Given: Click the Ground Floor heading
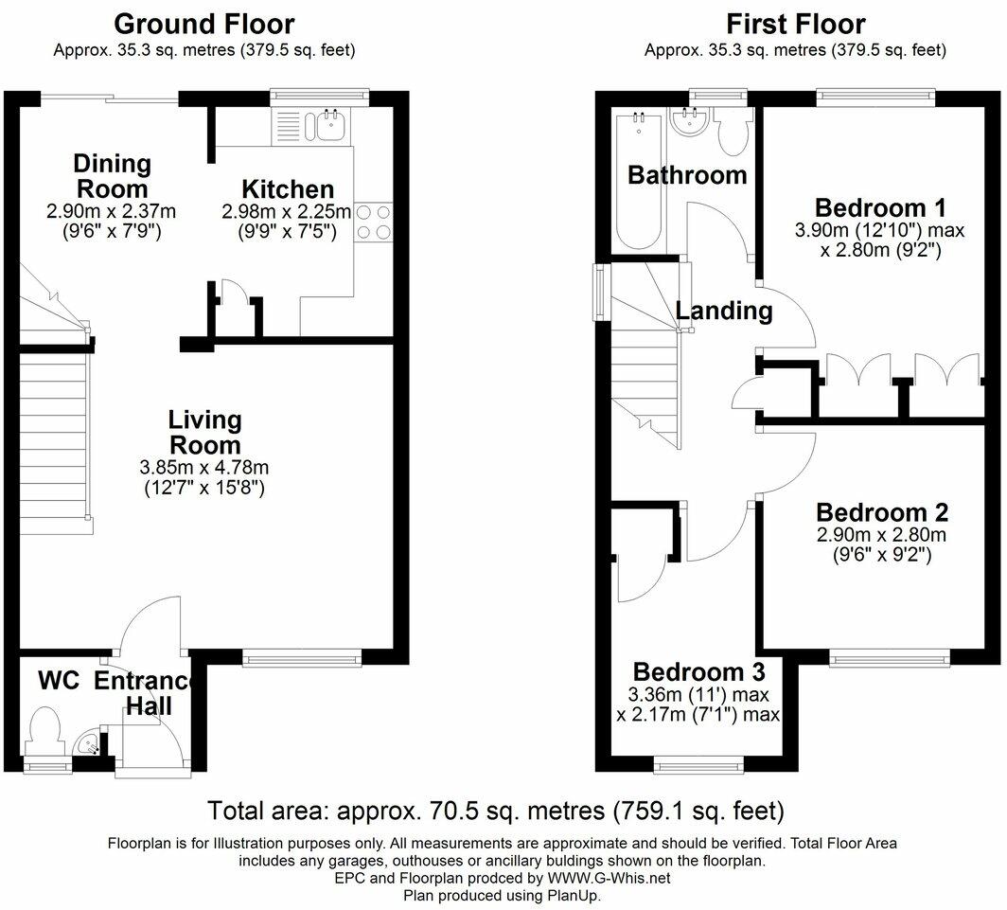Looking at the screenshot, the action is tap(204, 25).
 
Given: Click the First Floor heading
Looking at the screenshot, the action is tap(796, 25).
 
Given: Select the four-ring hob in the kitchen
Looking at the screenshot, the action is tap(373, 222).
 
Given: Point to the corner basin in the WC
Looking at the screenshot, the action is tap(87, 745).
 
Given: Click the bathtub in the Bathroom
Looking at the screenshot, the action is tap(638, 181).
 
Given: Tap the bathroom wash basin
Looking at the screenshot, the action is tap(690, 121).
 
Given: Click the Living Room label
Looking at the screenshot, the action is tap(204, 432).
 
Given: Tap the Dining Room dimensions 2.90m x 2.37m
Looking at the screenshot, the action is tap(111, 211).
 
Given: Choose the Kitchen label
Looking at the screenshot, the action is tap(288, 189).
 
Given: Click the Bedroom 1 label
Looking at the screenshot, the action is tap(880, 208).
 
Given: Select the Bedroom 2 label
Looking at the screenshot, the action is tap(882, 512).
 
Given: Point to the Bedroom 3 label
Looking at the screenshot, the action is tap(698, 671).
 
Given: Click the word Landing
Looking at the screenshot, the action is tap(724, 311).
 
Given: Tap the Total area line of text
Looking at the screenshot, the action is tap(496, 811).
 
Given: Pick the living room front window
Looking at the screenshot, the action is tap(302, 657).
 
